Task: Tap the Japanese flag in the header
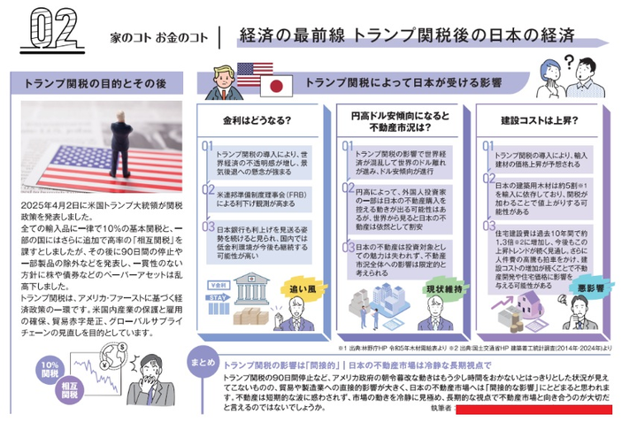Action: (278, 86)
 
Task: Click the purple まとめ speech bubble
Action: (202, 363)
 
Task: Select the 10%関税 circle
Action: (50, 370)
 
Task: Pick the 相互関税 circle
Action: (65, 393)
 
